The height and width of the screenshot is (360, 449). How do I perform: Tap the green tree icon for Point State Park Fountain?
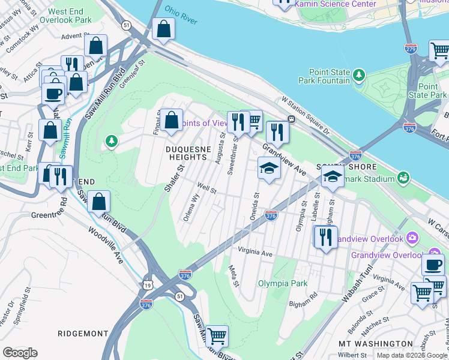(359, 75)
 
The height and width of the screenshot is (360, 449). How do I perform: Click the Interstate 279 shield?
(411, 48)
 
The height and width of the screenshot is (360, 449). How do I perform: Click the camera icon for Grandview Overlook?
(412, 238)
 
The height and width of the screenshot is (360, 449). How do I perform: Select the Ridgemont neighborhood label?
(83, 333)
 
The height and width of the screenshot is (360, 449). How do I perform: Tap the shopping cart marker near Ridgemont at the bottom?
(217, 336)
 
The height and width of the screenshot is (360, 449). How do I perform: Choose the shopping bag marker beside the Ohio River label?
(163, 28)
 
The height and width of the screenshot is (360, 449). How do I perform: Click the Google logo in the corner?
(20, 352)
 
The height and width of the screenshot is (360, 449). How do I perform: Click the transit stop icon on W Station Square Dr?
(291, 119)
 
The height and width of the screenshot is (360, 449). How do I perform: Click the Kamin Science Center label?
(335, 4)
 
